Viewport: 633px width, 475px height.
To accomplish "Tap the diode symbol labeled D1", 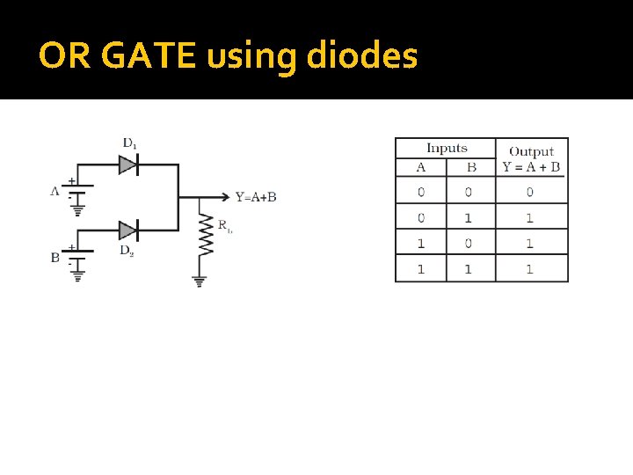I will point(128,164).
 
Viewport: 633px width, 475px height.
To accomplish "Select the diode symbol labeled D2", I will point(128,230).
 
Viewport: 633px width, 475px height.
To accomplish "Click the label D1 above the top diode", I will point(129,142).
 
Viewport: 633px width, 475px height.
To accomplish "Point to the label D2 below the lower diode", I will point(127,251).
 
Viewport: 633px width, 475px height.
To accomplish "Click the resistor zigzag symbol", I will point(206,235).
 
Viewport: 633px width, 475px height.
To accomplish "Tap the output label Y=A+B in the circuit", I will point(256,197).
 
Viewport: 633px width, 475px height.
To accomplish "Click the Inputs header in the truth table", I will point(447,148).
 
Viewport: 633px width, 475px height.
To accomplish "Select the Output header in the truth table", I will point(531,151).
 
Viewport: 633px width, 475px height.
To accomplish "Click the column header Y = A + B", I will point(531,166).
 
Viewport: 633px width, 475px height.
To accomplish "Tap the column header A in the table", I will point(420,167).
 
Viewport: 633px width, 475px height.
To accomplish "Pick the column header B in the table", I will point(471,167).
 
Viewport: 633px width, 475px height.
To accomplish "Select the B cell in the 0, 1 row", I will point(469,217).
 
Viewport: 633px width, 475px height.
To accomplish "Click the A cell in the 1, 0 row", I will point(420,243).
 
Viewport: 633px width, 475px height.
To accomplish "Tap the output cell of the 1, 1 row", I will point(530,268).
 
